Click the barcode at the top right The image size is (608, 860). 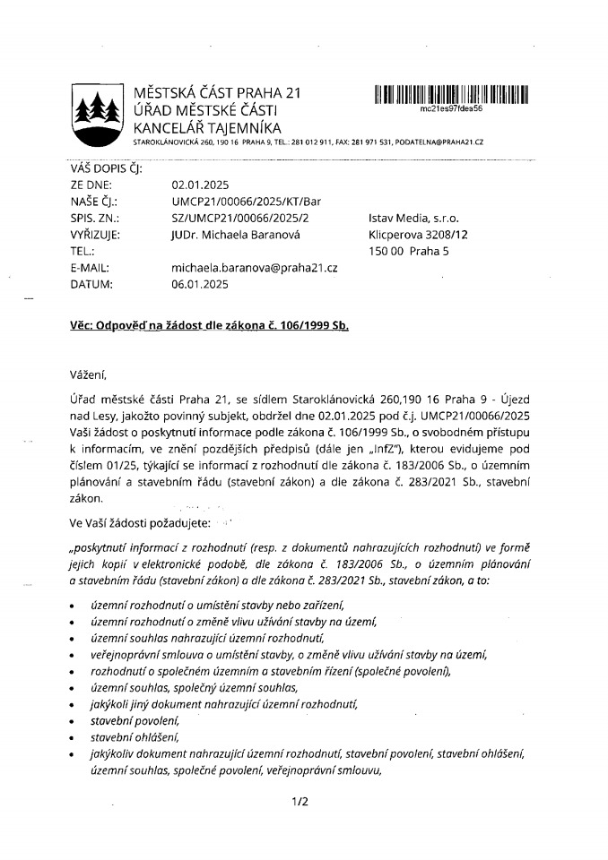coord(451,92)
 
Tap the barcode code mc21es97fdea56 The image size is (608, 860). coord(451,107)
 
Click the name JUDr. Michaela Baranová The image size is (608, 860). coord(236,236)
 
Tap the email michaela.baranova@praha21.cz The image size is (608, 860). coord(254,268)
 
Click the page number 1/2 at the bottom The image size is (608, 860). coord(300,802)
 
